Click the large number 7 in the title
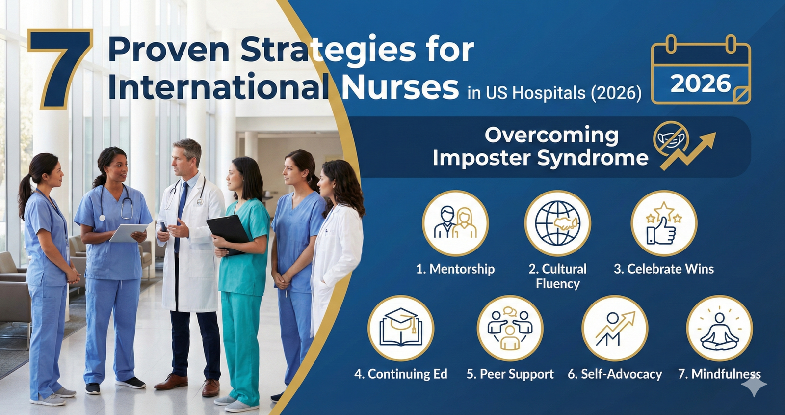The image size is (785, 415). (60, 69)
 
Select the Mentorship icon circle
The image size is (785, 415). (455, 223)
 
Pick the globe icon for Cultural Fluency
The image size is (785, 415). (557, 223)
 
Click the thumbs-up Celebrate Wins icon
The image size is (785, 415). (663, 223)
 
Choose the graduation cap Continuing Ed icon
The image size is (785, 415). (400, 328)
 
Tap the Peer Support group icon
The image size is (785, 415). (510, 328)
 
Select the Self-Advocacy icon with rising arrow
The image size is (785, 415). (615, 328)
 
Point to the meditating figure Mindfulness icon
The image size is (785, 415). (719, 328)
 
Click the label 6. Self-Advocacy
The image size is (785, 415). (615, 374)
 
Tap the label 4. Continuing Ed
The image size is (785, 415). (400, 374)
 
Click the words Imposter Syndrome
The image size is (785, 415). (540, 158)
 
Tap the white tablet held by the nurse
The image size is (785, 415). (128, 232)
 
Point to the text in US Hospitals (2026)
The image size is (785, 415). (554, 93)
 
